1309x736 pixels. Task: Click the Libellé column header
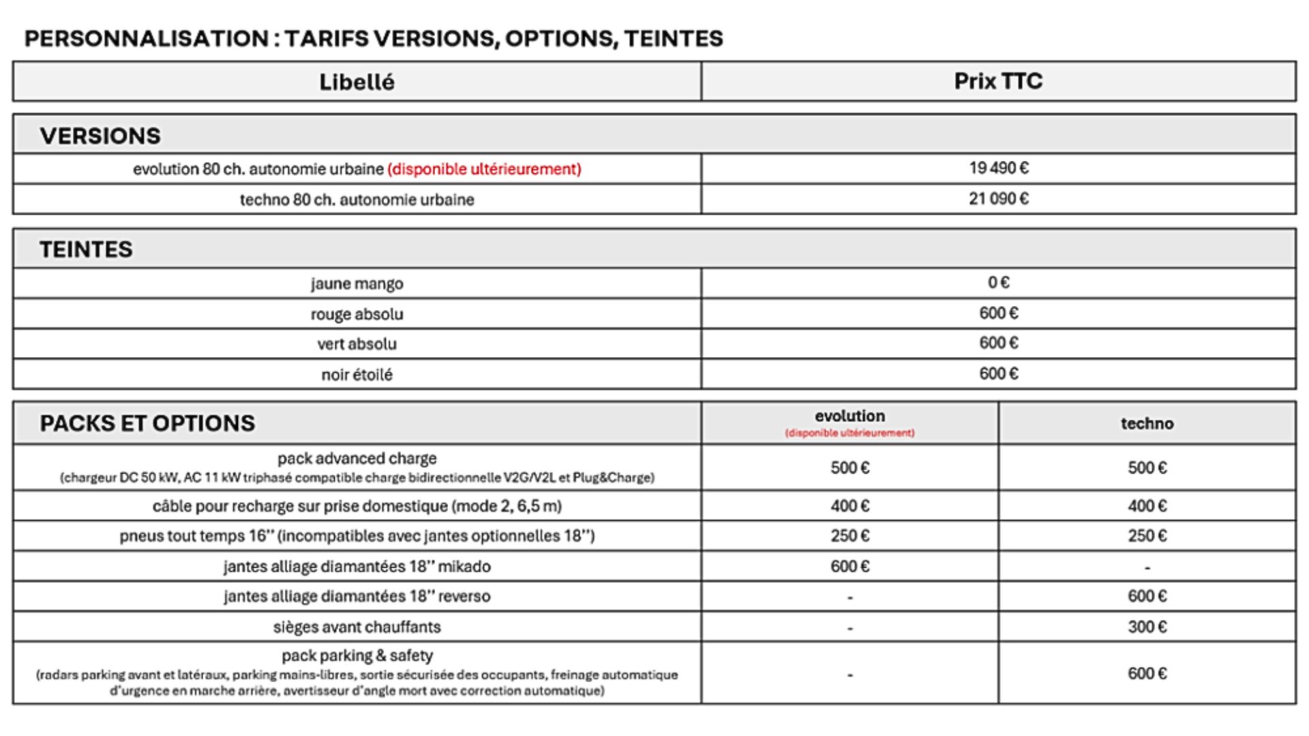[x=357, y=82]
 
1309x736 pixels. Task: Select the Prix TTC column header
[x=998, y=81]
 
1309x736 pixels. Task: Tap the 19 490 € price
[x=999, y=168]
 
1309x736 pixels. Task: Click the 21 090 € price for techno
[x=999, y=199]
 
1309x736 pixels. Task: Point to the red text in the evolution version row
[x=484, y=169]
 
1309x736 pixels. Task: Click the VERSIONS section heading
[x=100, y=136]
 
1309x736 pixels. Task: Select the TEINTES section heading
[x=86, y=249]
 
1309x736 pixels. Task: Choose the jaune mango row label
[x=357, y=283]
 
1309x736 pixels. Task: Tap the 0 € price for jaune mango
[x=999, y=283]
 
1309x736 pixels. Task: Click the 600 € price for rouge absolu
[x=999, y=313]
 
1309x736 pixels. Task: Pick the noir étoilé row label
[x=357, y=375]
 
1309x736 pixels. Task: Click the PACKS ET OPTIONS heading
[x=147, y=423]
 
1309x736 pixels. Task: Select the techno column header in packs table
[x=1147, y=423]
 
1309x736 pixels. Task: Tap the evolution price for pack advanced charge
[x=849, y=468]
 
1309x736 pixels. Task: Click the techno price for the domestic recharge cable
[x=1147, y=506]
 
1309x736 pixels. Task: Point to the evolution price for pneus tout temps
[x=849, y=536]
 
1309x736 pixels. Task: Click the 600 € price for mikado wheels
[x=849, y=566]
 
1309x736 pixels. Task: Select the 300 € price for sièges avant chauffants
[x=1147, y=627]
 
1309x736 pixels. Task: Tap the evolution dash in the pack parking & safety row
[x=849, y=675]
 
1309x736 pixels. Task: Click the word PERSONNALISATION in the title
[x=146, y=39]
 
